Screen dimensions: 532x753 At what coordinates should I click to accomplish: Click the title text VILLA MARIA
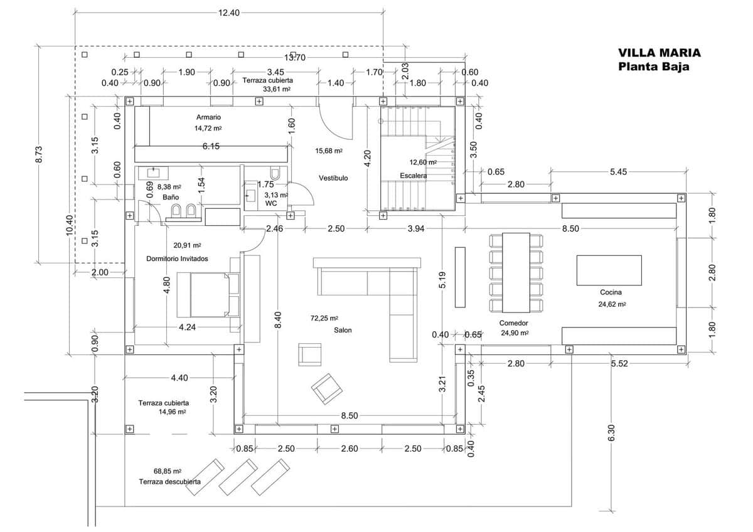click(x=659, y=53)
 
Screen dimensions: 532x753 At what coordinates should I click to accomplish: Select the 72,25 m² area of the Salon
click(x=324, y=319)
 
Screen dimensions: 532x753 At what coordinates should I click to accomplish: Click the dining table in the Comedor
click(x=516, y=272)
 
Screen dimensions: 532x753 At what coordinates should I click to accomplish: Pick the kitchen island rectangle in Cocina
click(x=609, y=270)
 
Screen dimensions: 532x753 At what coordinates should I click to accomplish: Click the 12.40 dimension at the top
click(x=228, y=13)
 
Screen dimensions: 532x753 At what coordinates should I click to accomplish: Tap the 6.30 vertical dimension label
click(x=612, y=432)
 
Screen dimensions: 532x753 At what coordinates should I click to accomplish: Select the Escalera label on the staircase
click(x=414, y=176)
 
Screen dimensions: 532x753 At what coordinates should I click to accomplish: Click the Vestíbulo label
click(x=333, y=178)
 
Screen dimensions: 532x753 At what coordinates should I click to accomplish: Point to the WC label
click(x=271, y=204)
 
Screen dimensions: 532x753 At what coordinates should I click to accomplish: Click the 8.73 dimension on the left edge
click(x=39, y=154)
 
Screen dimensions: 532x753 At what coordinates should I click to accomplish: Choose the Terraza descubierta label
click(x=170, y=482)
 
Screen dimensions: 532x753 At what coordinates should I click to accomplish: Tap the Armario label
click(x=208, y=117)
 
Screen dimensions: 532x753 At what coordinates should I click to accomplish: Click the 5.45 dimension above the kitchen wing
click(x=618, y=171)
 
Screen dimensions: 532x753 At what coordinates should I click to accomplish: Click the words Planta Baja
click(x=653, y=67)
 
